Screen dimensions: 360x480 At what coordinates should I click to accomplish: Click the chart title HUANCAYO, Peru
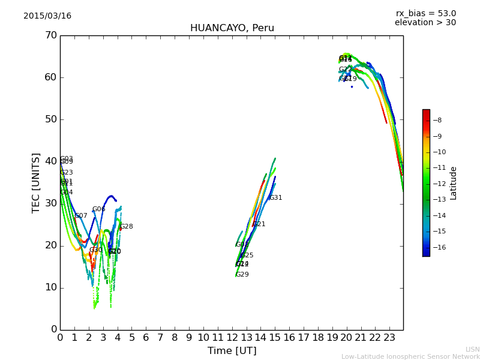tap(232, 28)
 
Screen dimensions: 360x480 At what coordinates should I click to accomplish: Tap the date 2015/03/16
tap(47, 16)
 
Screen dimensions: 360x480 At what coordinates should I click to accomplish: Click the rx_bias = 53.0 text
tap(425, 14)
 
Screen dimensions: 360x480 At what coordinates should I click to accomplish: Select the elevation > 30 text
tap(425, 23)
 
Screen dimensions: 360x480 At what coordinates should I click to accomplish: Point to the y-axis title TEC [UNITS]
tap(36, 182)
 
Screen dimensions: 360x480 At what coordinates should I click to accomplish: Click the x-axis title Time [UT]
tap(232, 350)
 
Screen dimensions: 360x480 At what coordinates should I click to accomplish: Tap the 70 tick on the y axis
tap(50, 35)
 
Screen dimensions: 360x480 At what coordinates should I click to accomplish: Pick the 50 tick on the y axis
tap(50, 119)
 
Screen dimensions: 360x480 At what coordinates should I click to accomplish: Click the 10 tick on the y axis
tap(50, 287)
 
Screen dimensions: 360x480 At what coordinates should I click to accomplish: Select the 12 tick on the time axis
tap(232, 338)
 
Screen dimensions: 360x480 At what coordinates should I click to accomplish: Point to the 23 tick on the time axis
tap(389, 338)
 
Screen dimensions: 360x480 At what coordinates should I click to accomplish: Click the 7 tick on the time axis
tap(160, 338)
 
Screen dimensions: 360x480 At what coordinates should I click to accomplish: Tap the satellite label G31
tap(275, 198)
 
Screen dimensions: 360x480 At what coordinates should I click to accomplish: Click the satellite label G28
tap(127, 227)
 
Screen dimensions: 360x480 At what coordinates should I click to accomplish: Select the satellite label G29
tap(242, 275)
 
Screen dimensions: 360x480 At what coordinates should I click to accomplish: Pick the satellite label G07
tap(81, 216)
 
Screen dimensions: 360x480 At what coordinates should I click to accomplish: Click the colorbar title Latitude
tap(454, 183)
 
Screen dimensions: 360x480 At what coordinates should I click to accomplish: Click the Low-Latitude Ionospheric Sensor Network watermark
tap(410, 356)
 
